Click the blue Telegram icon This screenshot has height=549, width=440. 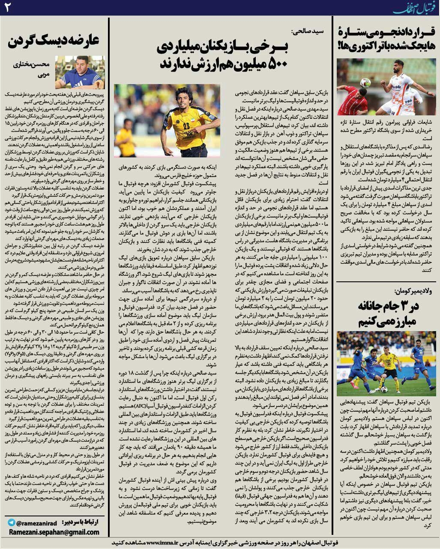click(x=12, y=522)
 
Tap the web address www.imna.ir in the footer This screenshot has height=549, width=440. click(x=163, y=542)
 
